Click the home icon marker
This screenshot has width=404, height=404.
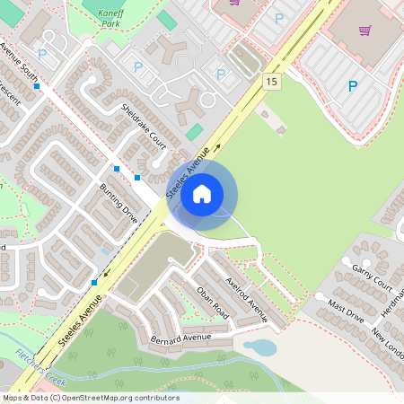click(202, 193)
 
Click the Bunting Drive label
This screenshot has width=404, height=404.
click(119, 204)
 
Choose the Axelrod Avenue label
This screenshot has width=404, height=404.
click(248, 299)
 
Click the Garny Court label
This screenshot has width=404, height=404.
click(373, 273)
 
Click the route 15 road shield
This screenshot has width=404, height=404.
click(270, 82)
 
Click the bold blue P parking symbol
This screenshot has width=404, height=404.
click(353, 86)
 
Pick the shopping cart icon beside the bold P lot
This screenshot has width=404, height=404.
click(365, 31)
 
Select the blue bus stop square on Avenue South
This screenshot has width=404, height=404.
click(37, 86)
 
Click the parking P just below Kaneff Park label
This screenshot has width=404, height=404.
click(138, 66)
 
